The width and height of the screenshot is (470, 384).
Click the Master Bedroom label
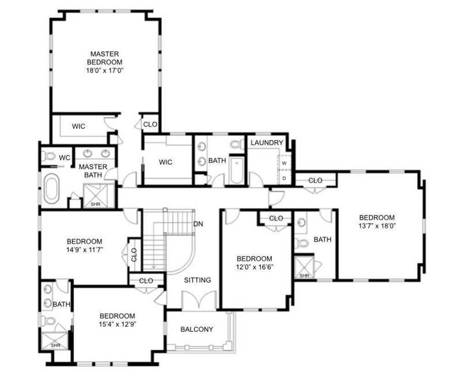tap(105, 58)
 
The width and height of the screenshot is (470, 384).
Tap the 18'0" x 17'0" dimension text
tap(105, 71)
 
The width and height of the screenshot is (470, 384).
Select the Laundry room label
tap(267, 143)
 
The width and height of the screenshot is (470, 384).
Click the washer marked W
tap(285, 163)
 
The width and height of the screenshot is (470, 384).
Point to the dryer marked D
tap(285, 178)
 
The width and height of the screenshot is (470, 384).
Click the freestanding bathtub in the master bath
tap(52, 189)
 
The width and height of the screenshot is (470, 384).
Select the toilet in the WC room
tap(49, 156)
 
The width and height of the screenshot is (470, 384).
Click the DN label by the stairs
tap(198, 224)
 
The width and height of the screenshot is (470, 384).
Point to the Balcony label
tap(197, 329)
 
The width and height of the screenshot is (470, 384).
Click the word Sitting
tap(197, 280)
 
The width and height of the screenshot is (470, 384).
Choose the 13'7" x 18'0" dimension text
tap(377, 226)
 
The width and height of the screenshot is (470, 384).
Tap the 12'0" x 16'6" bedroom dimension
tap(254, 267)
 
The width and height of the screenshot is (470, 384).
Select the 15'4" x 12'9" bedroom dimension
tap(117, 324)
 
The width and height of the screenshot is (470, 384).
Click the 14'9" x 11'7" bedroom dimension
tap(85, 250)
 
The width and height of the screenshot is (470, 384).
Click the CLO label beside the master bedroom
tap(150, 124)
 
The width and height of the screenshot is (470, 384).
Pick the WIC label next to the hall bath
tap(165, 162)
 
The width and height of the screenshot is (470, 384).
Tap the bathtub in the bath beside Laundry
tap(236, 170)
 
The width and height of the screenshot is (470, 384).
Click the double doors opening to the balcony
tap(199, 301)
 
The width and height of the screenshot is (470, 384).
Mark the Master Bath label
tap(93, 171)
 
